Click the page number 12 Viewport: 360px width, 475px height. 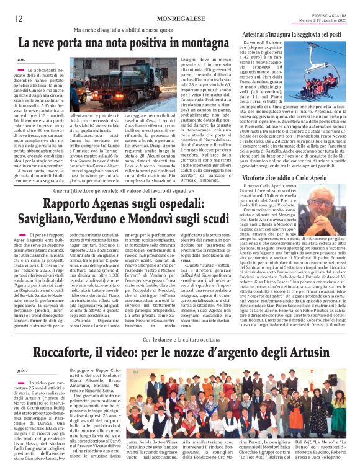(19, 18)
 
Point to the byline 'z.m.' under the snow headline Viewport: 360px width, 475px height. (22, 60)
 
